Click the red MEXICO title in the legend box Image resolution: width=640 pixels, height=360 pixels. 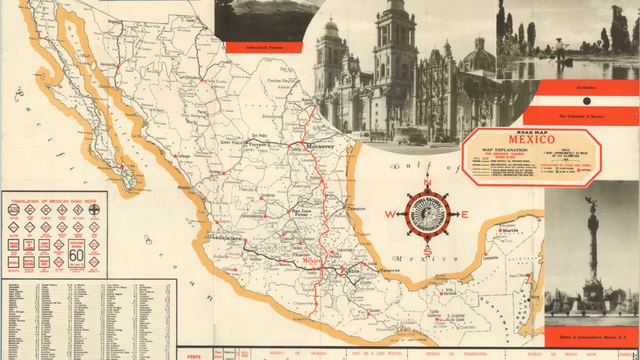(x=531, y=139)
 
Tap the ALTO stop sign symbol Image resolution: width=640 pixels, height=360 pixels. (x=13, y=210)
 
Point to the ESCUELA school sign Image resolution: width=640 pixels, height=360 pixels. (x=13, y=262)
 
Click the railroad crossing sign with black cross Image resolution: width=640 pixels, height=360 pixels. (x=94, y=209)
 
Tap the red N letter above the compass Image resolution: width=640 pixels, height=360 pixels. (x=427, y=182)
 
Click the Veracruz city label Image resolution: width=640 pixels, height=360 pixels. (x=389, y=270)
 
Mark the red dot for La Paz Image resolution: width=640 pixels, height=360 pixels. (x=121, y=166)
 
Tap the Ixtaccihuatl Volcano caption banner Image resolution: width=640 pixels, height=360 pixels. (x=264, y=47)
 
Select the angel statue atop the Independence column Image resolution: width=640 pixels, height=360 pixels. (x=592, y=205)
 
